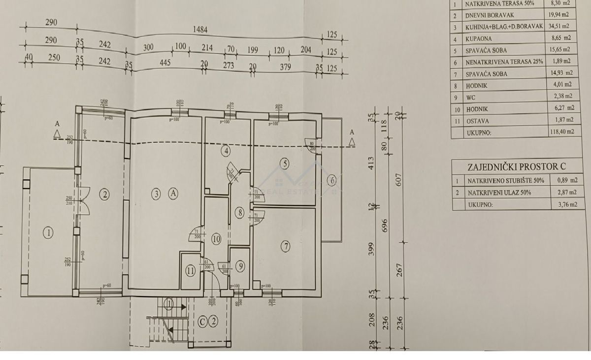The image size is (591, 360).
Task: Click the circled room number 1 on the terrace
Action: (x=48, y=233)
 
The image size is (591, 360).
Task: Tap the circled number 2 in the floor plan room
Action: (x=104, y=194)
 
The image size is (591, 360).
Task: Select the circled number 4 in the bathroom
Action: (x=226, y=151)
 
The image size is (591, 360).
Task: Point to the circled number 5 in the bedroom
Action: (x=284, y=163)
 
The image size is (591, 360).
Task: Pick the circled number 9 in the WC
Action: (x=240, y=266)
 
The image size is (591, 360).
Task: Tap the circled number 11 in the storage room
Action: (x=190, y=270)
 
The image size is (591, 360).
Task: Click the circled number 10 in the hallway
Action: (x=216, y=239)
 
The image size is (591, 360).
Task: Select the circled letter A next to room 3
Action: (x=173, y=194)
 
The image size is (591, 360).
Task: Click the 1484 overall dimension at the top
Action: (x=200, y=30)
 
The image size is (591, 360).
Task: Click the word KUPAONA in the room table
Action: (x=478, y=38)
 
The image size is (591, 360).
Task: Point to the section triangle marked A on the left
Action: (x=58, y=133)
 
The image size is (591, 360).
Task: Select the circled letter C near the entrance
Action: (x=202, y=322)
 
